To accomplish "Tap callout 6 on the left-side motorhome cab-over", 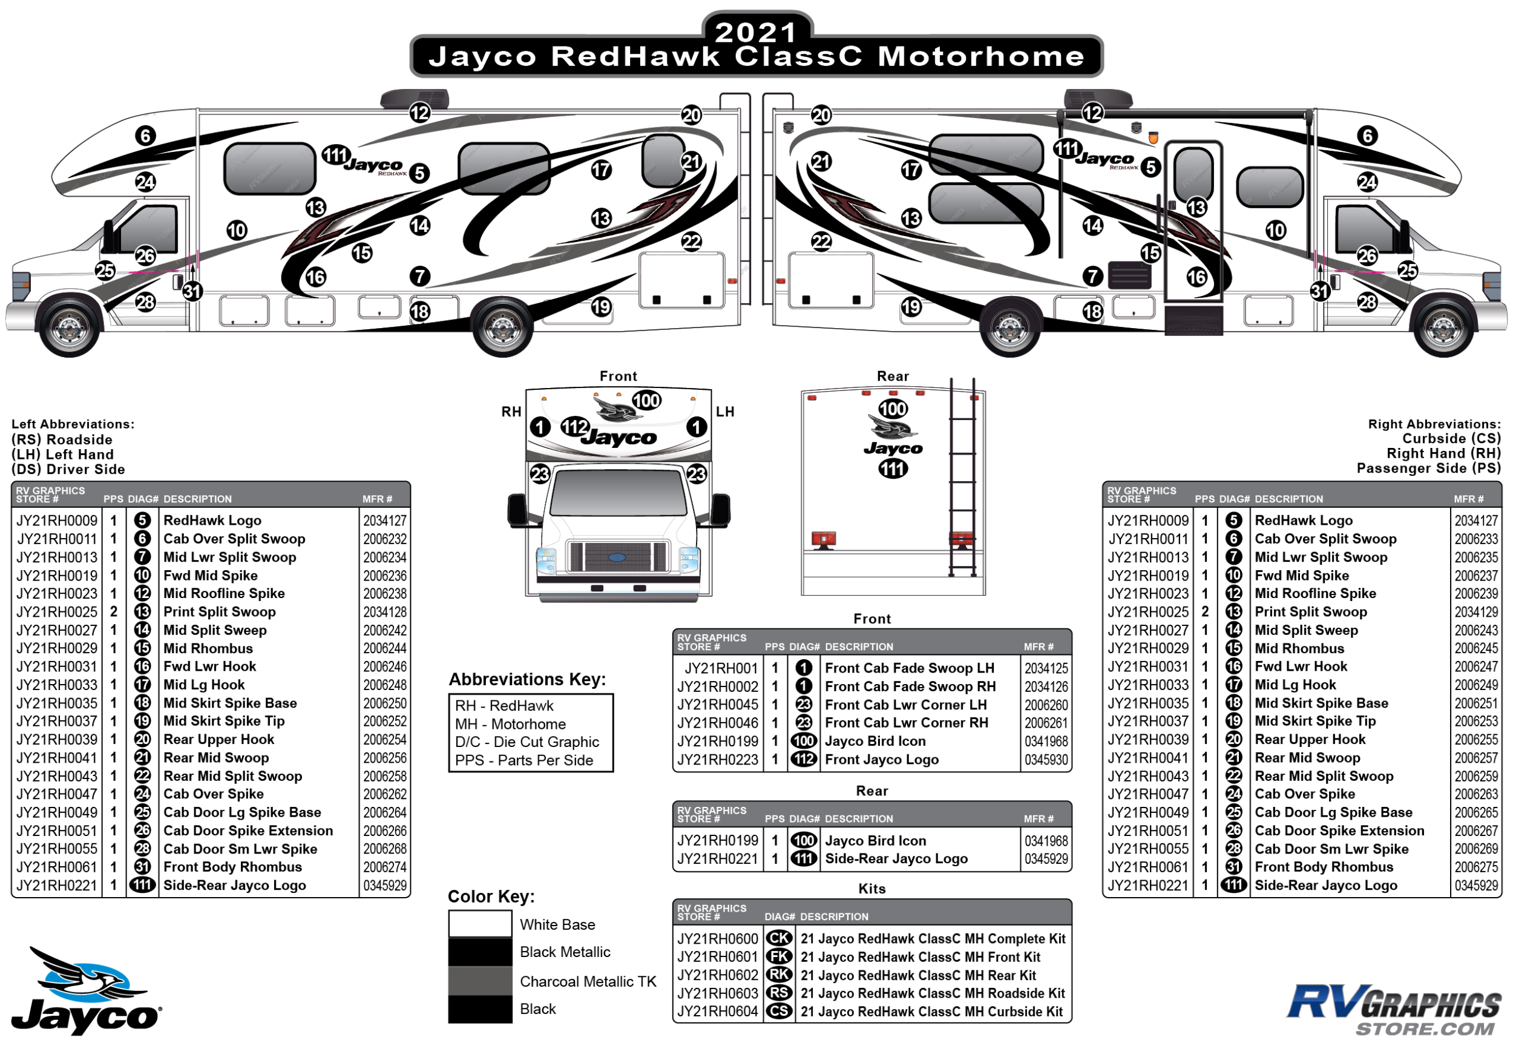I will point(145,136).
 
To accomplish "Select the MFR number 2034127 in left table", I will point(385,521).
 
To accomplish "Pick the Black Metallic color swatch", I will point(480,952).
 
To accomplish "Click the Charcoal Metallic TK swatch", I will point(480,981).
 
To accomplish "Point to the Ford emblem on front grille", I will point(617,558).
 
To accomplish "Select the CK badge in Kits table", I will point(778,938).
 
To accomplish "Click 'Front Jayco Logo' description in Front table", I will point(881,760).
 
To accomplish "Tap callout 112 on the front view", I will point(575,427).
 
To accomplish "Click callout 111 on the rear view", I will point(893,469).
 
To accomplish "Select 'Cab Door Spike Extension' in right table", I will point(1339,831).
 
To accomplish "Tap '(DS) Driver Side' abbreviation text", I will point(68,469).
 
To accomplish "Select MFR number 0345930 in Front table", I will point(1046,760).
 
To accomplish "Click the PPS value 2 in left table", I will point(113,611).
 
